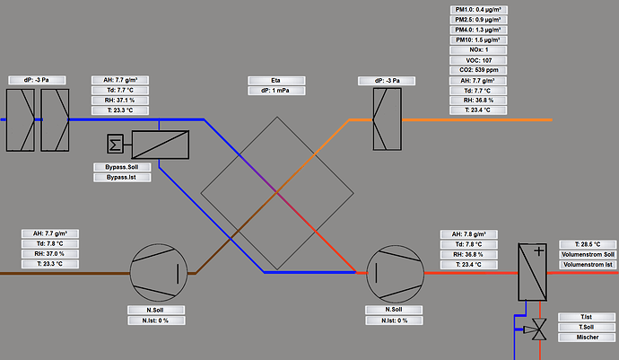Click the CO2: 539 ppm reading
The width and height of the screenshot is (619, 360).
point(478,70)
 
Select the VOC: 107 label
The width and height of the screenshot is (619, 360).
point(478,60)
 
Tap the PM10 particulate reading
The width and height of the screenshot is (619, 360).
point(478,40)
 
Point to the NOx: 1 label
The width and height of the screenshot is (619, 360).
point(478,50)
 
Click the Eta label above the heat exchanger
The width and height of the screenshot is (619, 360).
point(276,81)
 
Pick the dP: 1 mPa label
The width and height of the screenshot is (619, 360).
point(276,91)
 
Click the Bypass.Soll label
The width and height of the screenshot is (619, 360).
point(122,167)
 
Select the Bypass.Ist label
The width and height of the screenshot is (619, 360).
point(122,178)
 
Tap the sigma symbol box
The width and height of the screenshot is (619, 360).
point(115,144)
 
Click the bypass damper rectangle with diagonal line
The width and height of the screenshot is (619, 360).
point(161,145)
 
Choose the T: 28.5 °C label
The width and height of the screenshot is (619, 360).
point(588,244)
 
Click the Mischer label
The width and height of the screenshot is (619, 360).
point(587,338)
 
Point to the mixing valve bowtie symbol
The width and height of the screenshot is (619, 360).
point(539,329)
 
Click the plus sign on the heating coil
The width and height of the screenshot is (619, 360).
point(539,251)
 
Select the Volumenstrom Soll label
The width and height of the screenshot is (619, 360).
point(588,254)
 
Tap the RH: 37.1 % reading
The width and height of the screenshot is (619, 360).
point(120,101)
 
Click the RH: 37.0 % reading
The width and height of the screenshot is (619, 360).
point(50,254)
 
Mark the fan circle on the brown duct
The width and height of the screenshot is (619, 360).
point(159,273)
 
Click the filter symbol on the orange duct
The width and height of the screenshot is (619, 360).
point(388,119)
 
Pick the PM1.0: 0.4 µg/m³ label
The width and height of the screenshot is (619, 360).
point(478,10)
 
